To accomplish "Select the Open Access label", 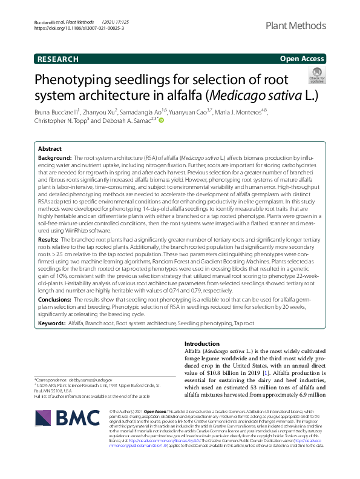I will point(302,59).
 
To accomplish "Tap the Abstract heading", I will point(50,148).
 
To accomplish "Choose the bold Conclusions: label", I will point(54,299).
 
